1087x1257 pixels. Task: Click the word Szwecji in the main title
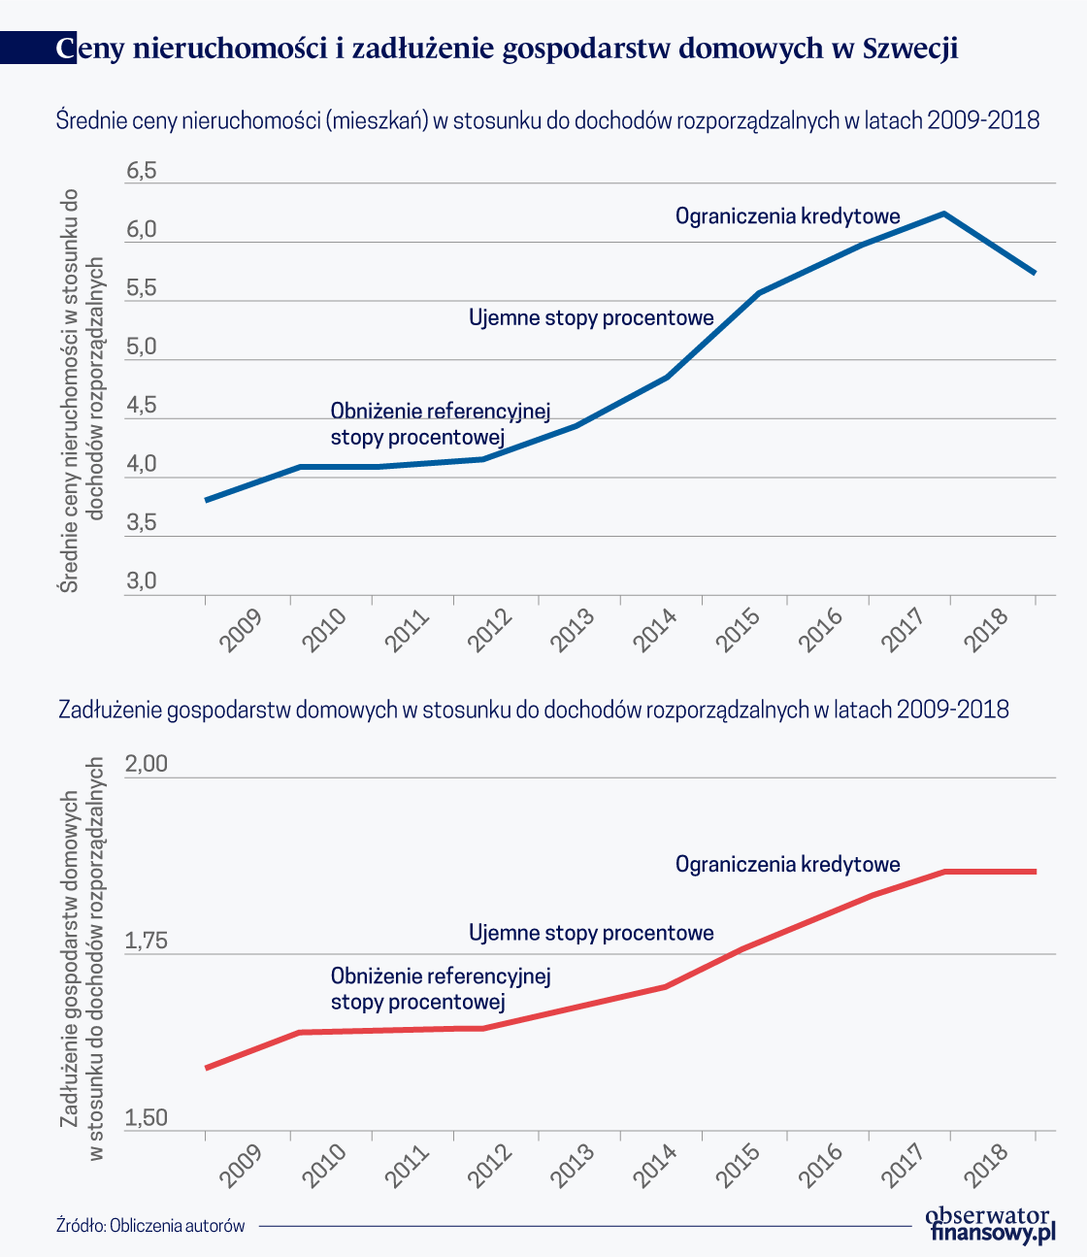[910, 48]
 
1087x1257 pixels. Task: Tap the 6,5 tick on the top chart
[141, 171]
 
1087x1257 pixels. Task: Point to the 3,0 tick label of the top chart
[141, 580]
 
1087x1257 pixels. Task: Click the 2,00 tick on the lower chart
[146, 764]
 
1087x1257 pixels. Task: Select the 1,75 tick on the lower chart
[146, 941]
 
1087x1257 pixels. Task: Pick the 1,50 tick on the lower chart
[146, 1118]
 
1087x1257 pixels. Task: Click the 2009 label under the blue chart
[241, 630]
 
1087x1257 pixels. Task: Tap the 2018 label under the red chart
[986, 1166]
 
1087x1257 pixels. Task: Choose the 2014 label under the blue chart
[655, 630]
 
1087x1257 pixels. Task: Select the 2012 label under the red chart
[489, 1166]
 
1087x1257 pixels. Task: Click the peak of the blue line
[943, 214]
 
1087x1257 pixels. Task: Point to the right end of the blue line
[1035, 273]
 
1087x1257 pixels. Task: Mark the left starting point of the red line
[207, 1068]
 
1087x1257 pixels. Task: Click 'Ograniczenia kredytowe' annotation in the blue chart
[787, 216]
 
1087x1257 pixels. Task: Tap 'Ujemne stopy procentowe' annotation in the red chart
[591, 933]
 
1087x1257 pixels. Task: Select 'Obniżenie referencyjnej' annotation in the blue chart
[441, 412]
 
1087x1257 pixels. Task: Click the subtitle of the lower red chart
[534, 710]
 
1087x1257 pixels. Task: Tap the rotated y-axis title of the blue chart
[82, 390]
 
